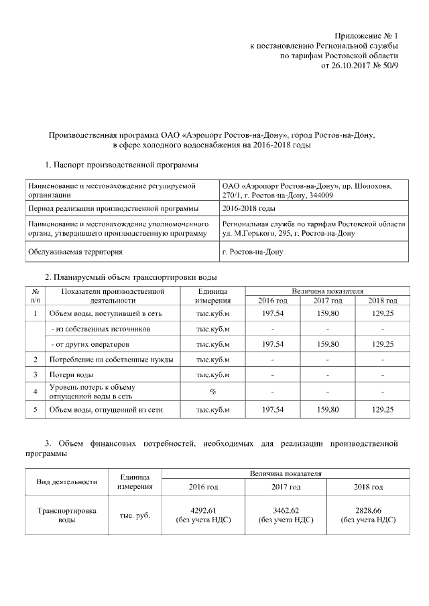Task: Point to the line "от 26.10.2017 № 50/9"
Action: pyautogui.click(x=360, y=67)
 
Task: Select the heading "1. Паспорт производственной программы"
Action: pyautogui.click(x=121, y=165)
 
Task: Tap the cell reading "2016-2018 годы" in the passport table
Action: pyautogui.click(x=248, y=208)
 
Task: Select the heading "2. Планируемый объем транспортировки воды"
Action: pyautogui.click(x=131, y=277)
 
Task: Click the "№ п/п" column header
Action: pyautogui.click(x=34, y=296)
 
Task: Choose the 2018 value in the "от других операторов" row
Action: pyautogui.click(x=382, y=344)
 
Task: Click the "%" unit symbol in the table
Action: pyautogui.click(x=212, y=391)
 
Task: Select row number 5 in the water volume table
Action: pyautogui.click(x=34, y=408)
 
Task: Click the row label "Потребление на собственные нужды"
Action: pyautogui.click(x=111, y=360)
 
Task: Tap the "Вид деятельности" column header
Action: pyautogui.click(x=66, y=481)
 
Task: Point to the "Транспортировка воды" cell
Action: pyautogui.click(x=66, y=515)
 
